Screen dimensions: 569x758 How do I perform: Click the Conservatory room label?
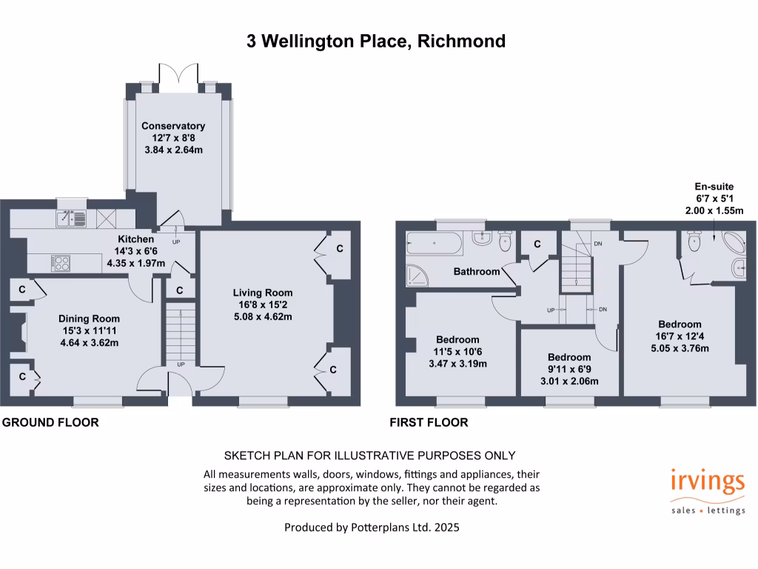(x=173, y=126)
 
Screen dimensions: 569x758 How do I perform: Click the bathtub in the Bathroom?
(x=434, y=242)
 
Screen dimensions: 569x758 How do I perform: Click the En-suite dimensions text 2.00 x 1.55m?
(x=714, y=210)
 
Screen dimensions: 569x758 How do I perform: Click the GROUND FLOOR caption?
(x=50, y=422)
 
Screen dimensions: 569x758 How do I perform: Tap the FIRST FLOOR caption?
(x=429, y=422)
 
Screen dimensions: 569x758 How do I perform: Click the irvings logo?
(x=707, y=482)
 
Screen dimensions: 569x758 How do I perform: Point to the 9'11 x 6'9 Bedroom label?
(x=569, y=357)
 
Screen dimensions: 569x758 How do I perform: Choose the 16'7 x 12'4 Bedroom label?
(x=680, y=325)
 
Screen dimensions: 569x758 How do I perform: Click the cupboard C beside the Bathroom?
(x=537, y=244)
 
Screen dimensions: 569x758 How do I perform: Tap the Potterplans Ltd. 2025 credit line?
(x=376, y=528)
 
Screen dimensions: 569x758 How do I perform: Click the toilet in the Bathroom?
(x=506, y=239)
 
